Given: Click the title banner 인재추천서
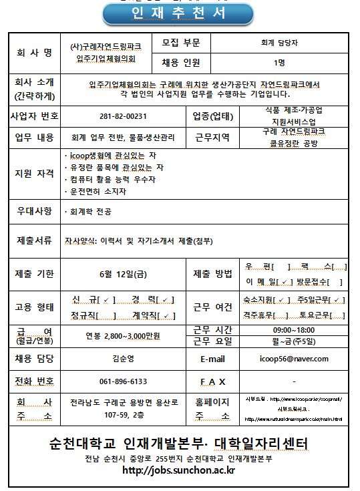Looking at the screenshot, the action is (178, 13).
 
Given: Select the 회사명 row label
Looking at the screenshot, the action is (33, 53).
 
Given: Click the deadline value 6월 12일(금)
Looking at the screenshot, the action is (122, 273).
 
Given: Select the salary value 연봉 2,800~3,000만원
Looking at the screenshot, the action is (122, 335).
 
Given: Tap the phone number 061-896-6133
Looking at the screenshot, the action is (122, 381).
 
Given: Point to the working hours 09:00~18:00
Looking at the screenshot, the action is (293, 330).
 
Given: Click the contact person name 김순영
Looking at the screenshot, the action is (122, 359).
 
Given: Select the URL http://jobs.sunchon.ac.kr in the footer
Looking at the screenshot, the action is (178, 471).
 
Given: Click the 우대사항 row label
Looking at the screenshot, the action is (33, 212).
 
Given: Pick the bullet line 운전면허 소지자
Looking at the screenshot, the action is (97, 192).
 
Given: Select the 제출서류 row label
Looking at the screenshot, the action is (33, 240).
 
